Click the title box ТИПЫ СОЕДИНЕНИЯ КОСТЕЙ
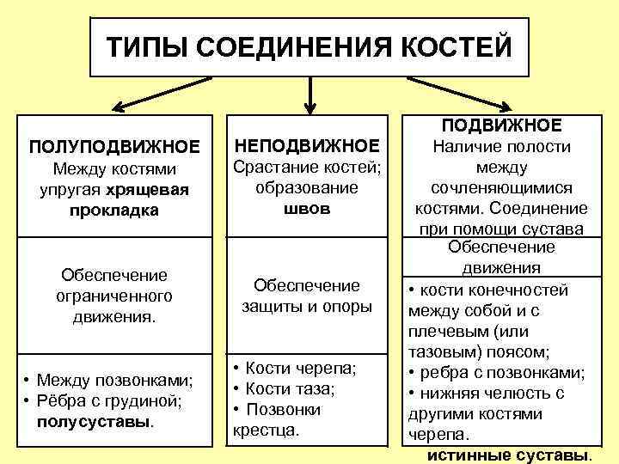309,46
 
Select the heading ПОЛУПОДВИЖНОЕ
114,146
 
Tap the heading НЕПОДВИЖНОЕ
307,145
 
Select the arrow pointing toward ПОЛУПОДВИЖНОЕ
163,95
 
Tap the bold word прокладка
114,210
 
